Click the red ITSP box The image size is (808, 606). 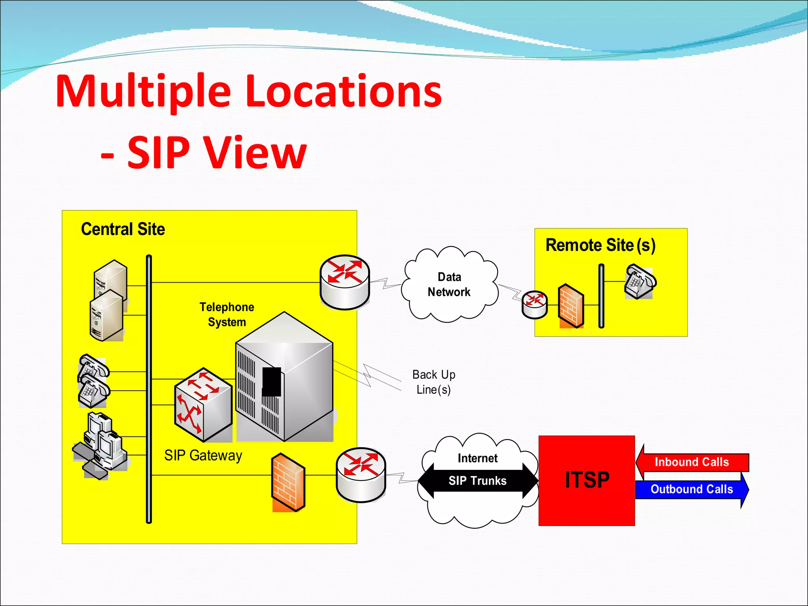587,480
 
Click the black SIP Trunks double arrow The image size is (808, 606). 477,481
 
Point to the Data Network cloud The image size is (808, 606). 449,284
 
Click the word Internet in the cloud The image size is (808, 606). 477,458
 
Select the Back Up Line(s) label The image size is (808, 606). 434,382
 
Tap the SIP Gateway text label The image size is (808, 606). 203,455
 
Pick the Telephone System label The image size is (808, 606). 227,314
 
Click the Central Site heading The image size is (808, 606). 123,229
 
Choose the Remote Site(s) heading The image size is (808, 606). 600,245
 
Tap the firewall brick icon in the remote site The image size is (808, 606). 571,306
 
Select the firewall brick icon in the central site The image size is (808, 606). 288,482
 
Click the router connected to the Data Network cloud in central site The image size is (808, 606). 345,282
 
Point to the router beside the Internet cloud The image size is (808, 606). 361,475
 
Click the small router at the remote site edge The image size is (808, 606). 535,304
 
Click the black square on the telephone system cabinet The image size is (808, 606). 271,382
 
